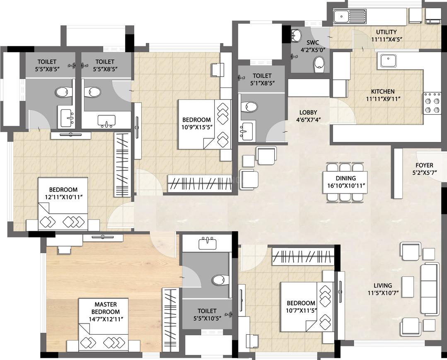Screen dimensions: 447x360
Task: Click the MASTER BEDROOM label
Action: pos(106,308)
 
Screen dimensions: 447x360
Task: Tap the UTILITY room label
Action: pos(386,32)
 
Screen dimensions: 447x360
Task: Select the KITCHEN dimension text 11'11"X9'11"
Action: pos(383,99)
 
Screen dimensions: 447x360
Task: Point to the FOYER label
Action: pos(424,165)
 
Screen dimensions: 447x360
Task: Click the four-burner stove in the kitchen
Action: pos(432,103)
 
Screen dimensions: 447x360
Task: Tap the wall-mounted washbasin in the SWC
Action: pos(296,35)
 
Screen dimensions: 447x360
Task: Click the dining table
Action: pos(345,182)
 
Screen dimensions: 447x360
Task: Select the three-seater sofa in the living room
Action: pos(429,289)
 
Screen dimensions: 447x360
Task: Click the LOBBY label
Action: pos(308,113)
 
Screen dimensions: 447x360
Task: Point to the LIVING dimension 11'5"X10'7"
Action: pos(383,292)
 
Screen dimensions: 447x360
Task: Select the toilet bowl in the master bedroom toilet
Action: pos(220,280)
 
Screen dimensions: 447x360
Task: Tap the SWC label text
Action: pos(313,43)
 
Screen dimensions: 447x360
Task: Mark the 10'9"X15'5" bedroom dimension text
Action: pos(196,127)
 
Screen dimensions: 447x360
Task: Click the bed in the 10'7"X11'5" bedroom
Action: pos(307,307)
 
